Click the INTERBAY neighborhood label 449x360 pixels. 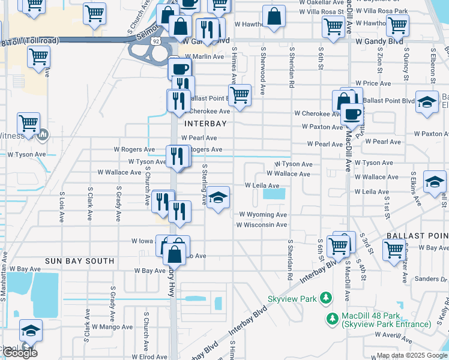click(x=206, y=124)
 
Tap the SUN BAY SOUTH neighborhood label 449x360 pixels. click(x=79, y=261)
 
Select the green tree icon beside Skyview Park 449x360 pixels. click(x=326, y=298)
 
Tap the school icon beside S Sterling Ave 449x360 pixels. click(x=218, y=197)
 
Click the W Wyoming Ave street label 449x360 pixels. click(x=263, y=214)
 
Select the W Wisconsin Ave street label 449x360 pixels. click(x=261, y=225)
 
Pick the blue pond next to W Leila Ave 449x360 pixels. click(x=274, y=194)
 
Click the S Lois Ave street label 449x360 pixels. click(x=62, y=207)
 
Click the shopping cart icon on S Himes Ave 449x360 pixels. click(x=240, y=94)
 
